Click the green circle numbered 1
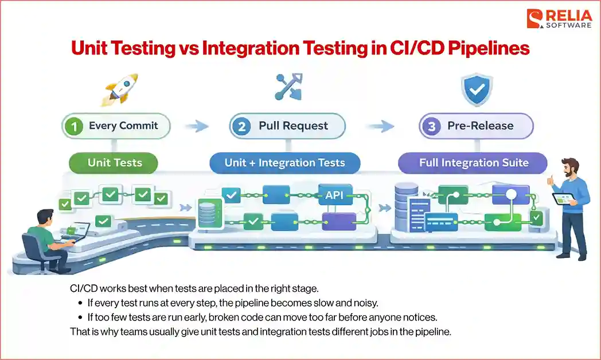point(75,126)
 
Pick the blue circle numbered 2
point(241,126)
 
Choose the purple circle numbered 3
point(431,126)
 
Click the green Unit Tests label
point(115,163)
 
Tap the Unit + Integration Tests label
point(284,163)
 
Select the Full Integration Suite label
point(474,163)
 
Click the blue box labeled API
point(334,194)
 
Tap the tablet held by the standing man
point(563,198)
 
